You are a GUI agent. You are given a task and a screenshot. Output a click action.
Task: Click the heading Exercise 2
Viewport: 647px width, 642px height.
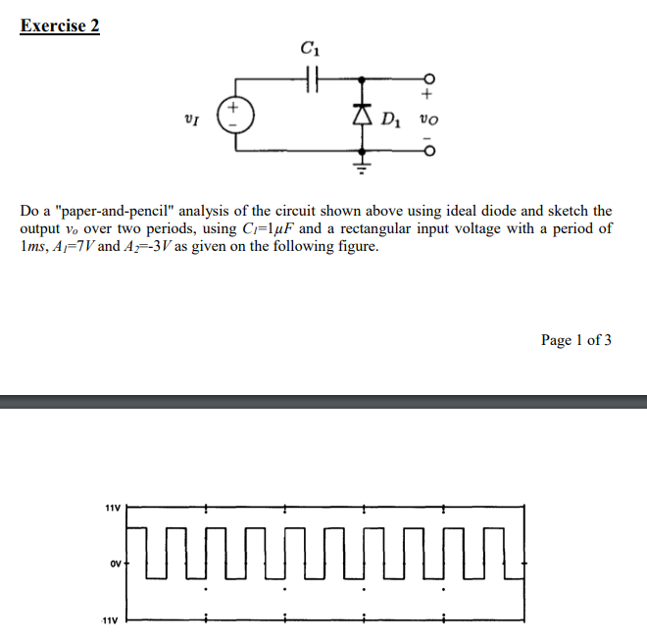[60, 26]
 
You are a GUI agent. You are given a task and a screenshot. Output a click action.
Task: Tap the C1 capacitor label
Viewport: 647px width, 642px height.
[311, 47]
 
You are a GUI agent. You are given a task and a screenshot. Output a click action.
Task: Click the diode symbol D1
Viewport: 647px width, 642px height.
[365, 120]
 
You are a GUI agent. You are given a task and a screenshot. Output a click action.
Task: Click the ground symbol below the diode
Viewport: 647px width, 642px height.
[365, 168]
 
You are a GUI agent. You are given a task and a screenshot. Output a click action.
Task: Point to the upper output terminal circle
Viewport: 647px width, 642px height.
[426, 78]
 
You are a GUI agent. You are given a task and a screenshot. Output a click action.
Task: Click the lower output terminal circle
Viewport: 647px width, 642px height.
[426, 151]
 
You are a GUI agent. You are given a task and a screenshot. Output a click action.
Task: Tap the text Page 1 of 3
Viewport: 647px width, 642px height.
[576, 340]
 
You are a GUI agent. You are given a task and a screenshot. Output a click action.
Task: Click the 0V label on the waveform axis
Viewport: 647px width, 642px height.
[115, 564]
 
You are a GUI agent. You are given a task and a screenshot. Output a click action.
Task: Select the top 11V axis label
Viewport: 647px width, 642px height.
[112, 509]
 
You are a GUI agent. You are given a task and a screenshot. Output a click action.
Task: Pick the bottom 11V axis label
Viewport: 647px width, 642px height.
[112, 620]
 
